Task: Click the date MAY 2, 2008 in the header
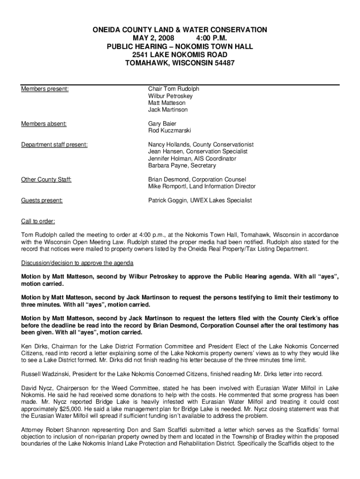click(x=143, y=38)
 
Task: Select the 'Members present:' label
click(x=45, y=89)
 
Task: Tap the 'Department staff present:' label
click(x=54, y=145)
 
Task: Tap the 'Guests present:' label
click(x=42, y=201)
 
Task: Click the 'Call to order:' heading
click(x=38, y=221)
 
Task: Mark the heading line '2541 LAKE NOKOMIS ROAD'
click(x=180, y=55)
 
